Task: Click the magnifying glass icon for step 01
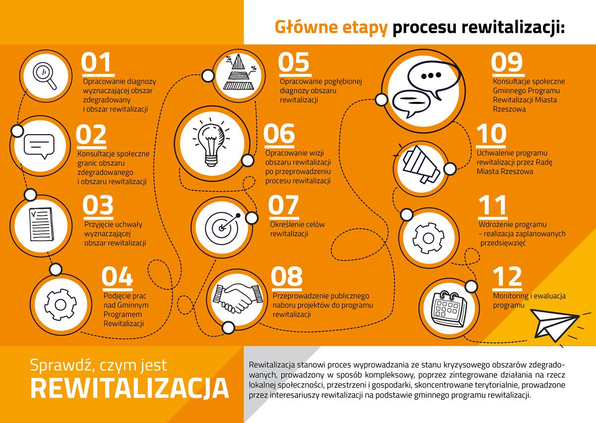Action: point(45,75)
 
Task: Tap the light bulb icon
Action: point(212,143)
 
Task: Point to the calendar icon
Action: point(449,309)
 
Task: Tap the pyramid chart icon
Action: point(239,72)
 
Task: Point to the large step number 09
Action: point(507,63)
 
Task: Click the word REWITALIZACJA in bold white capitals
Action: point(130,388)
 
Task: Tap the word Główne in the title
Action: point(306,27)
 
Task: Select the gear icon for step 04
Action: point(61,305)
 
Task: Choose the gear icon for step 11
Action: point(428,238)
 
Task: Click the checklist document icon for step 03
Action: point(41,224)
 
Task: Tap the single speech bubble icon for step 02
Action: point(39,146)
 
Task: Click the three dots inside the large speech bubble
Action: point(431,75)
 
